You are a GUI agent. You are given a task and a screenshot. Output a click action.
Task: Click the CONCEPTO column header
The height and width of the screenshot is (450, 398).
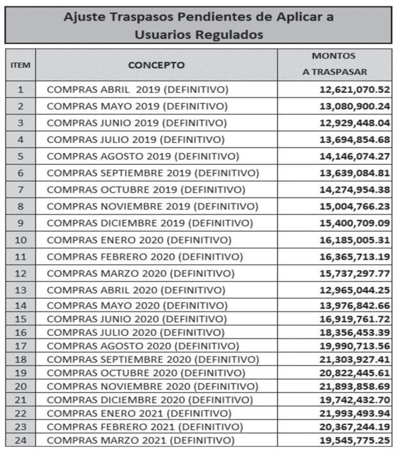tap(156, 65)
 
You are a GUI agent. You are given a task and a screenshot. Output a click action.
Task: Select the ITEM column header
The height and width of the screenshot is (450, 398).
tap(20, 65)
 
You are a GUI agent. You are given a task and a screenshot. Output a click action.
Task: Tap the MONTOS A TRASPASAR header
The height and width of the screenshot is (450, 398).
tap(334, 64)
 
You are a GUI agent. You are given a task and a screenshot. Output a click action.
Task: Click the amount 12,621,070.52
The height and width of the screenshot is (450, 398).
tap(354, 89)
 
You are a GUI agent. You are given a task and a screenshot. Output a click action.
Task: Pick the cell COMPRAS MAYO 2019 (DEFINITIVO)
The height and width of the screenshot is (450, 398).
tap(137, 106)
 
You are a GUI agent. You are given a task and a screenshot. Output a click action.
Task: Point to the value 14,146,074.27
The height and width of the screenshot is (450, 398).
tap(354, 156)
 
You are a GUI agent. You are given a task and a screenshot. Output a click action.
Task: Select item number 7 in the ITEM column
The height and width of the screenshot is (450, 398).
tap(20, 190)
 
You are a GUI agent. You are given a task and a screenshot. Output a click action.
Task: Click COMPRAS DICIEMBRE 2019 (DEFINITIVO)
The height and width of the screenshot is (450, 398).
tap(150, 223)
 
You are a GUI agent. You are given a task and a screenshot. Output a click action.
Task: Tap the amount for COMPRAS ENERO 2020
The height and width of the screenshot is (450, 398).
tap(354, 240)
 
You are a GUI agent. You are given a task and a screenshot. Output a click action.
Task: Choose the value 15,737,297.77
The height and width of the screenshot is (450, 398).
tap(354, 274)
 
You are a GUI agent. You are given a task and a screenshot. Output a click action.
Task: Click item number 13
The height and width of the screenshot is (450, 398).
tap(20, 290)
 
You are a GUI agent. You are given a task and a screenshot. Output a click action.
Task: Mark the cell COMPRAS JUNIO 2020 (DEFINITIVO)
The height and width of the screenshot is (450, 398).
tap(138, 319)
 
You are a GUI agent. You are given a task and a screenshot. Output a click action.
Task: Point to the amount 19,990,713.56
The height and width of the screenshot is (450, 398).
tap(354, 346)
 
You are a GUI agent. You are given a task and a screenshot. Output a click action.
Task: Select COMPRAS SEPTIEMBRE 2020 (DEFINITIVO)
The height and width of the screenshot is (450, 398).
tap(153, 359)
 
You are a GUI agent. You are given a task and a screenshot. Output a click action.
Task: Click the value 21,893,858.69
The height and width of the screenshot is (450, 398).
tap(354, 387)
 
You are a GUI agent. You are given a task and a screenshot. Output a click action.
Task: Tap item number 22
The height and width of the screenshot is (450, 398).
tap(20, 413)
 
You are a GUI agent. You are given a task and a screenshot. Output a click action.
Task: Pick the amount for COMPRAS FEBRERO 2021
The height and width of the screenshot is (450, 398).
tap(354, 427)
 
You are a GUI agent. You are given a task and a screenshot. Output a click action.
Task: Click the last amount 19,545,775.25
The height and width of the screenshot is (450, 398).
tap(354, 440)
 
